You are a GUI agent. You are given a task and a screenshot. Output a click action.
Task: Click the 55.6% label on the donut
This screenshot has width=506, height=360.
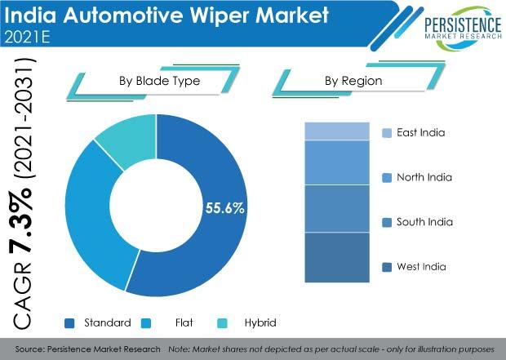225,208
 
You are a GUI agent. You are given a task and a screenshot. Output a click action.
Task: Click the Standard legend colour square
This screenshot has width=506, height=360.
69,323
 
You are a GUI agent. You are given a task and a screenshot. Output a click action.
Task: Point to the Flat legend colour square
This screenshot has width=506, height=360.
146,323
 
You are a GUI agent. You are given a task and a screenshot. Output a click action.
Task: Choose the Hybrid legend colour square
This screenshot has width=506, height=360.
222,323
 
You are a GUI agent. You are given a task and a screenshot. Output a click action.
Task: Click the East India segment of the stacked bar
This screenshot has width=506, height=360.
337,131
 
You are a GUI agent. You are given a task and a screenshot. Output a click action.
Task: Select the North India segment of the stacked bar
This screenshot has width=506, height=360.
337,162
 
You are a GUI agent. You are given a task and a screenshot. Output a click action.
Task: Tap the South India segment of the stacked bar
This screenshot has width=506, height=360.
337,209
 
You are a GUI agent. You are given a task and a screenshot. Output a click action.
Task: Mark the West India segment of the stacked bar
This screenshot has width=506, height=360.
337,258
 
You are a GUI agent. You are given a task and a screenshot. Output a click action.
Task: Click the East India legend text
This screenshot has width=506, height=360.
421,133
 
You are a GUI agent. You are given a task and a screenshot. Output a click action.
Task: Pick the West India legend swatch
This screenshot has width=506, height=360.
387,267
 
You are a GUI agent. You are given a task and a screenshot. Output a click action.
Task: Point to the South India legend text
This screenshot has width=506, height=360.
424,222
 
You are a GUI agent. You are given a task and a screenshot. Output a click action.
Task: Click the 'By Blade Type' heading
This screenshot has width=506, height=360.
159,81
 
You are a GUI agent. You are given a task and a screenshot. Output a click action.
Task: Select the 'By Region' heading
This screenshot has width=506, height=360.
353,81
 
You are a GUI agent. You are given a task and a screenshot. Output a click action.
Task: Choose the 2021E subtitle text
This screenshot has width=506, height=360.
28,37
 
